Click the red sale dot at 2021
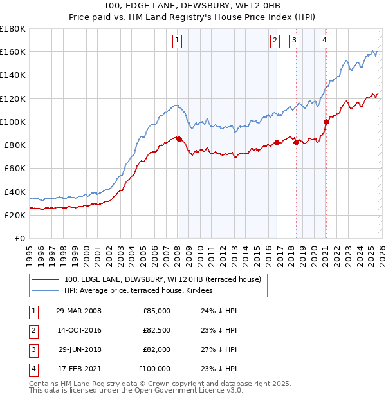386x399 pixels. [x=326, y=121]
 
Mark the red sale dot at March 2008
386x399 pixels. [x=179, y=138]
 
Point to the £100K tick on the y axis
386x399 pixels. [x=12, y=122]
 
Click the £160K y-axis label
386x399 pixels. [x=12, y=51]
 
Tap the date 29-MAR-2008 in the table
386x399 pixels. [x=79, y=311]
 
